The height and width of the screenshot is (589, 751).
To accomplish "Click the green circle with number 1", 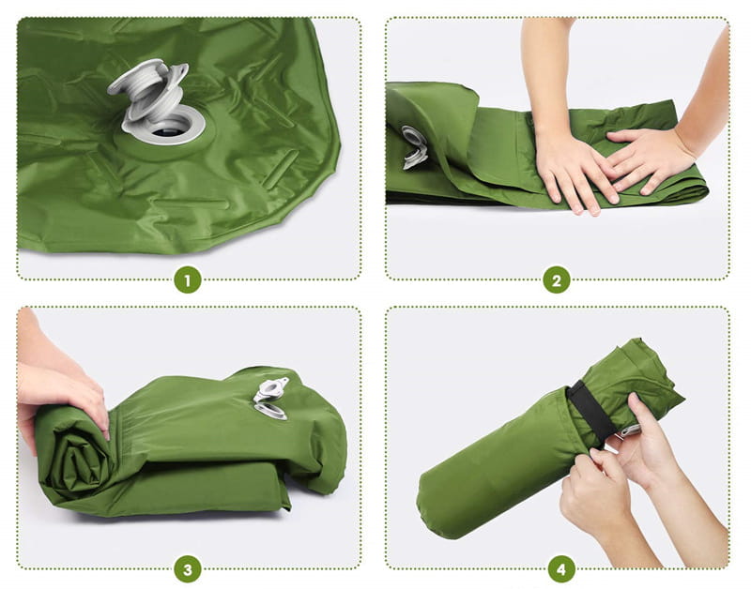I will click(188, 279).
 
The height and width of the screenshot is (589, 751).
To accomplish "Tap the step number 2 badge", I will click(557, 279).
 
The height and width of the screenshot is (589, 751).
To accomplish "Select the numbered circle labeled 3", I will click(188, 568).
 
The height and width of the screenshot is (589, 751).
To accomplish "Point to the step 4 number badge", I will click(561, 568).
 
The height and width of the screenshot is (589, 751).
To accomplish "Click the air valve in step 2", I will click(413, 146).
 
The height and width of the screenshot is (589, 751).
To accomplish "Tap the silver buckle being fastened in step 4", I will click(627, 431).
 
